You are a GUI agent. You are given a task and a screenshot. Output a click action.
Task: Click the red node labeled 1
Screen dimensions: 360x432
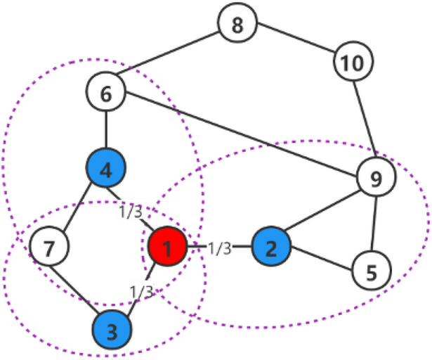click(167, 247)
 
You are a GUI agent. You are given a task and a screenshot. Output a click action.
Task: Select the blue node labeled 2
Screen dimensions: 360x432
click(271, 247)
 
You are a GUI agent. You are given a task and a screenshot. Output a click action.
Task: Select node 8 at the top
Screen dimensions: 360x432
click(237, 26)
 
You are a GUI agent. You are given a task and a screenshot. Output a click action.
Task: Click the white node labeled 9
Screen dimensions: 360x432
click(375, 178)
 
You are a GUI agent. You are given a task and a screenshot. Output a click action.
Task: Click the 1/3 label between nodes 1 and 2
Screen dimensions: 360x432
click(219, 247)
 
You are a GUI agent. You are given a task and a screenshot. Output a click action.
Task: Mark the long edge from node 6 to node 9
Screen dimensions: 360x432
click(239, 134)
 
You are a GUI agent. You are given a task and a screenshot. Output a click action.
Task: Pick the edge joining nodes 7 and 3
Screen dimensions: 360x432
click(79, 288)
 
